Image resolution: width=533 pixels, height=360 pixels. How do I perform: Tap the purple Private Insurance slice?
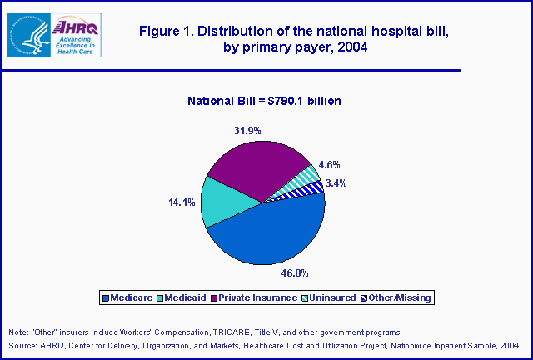pyautogui.click(x=254, y=167)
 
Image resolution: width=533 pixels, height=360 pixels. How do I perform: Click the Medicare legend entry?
pyautogui.click(x=129, y=297)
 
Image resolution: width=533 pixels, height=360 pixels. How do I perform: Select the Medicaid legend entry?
pyautogui.click(x=185, y=297)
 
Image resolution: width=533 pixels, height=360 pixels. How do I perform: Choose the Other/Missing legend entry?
pyautogui.click(x=399, y=297)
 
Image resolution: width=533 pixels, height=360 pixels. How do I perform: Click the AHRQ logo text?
pyautogui.click(x=78, y=28)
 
